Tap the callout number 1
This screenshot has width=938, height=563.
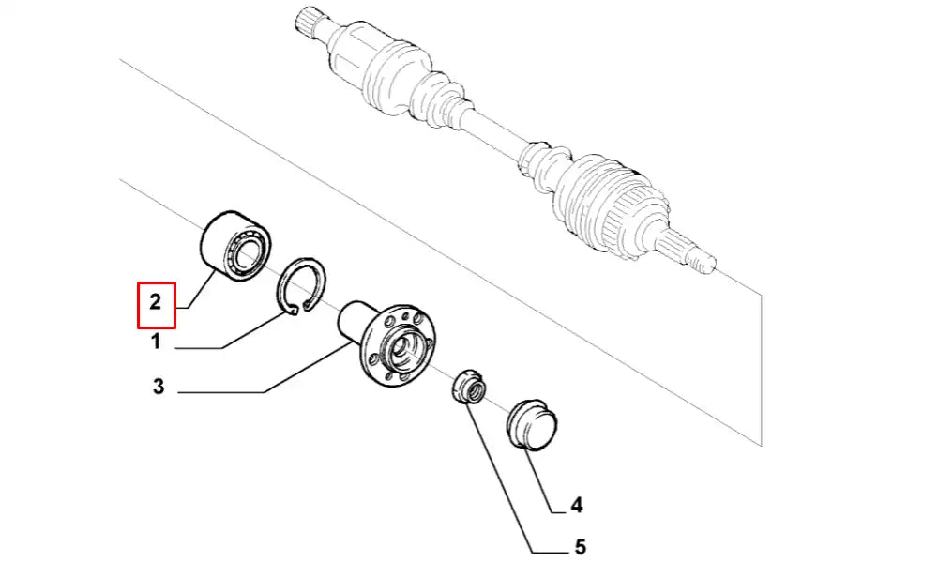(x=156, y=342)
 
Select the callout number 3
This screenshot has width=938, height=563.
(x=158, y=387)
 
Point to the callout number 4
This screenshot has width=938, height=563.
(x=576, y=505)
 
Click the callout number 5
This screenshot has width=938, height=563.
(x=580, y=546)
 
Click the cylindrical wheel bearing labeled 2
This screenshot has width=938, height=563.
(x=234, y=246)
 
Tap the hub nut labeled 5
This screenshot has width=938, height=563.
(x=468, y=388)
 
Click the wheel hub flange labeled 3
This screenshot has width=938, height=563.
(x=397, y=344)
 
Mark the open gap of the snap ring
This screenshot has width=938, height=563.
(x=299, y=309)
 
